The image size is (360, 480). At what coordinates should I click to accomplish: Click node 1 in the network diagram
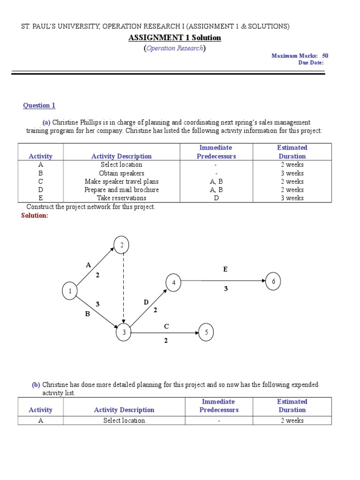[x=70, y=292]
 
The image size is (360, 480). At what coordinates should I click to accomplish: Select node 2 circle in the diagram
[x=122, y=245]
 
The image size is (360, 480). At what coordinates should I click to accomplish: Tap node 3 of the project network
[x=124, y=333]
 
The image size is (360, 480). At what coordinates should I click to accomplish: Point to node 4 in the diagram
[x=173, y=283]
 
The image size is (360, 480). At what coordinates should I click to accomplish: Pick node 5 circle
[x=207, y=332]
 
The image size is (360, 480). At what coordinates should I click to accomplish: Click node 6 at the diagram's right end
[x=273, y=281]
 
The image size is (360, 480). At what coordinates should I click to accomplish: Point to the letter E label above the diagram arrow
[x=225, y=269]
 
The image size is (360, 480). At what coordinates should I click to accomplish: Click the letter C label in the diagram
[x=166, y=326]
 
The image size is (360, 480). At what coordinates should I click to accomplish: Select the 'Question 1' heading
[x=39, y=105]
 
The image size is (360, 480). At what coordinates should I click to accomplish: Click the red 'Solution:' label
[x=35, y=215]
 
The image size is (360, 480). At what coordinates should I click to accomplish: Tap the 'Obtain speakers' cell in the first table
[x=121, y=173]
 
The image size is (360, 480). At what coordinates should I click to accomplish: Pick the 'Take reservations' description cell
[x=121, y=198]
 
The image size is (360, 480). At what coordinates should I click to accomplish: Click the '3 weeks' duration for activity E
[x=292, y=198]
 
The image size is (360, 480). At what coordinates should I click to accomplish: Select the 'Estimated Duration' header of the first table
[x=292, y=152]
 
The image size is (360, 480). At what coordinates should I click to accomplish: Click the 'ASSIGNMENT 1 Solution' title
[x=174, y=37]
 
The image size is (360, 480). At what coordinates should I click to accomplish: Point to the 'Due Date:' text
[x=311, y=63]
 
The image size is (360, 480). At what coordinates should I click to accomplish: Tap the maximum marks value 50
[x=325, y=55]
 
